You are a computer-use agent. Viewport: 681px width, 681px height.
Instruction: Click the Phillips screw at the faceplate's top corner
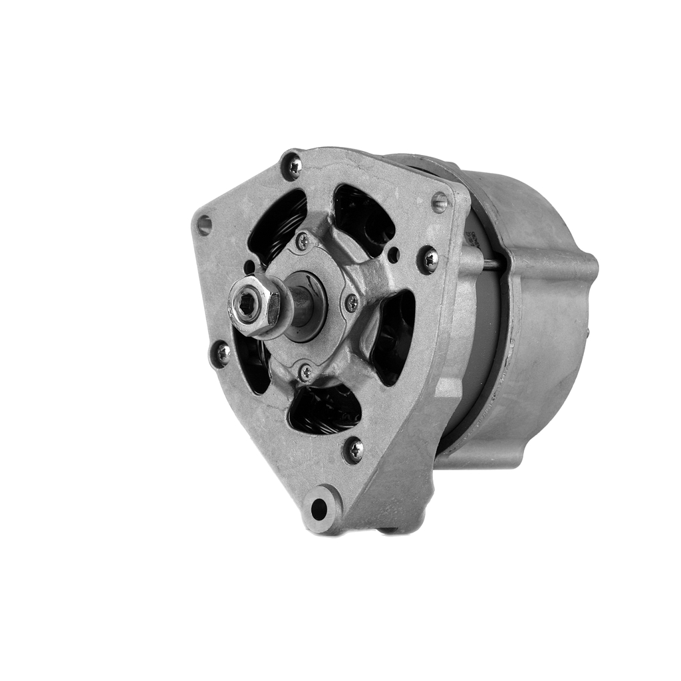click(292, 165)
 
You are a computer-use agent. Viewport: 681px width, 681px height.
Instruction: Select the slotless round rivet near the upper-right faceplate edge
click(440, 202)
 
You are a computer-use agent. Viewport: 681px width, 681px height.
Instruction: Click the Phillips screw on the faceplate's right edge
click(428, 259)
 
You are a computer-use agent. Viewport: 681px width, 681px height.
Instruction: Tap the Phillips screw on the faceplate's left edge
click(221, 353)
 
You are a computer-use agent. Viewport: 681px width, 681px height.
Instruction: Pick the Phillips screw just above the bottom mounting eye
click(354, 450)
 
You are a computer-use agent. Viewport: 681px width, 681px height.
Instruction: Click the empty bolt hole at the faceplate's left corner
click(204, 225)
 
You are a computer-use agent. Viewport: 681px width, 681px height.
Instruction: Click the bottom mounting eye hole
click(319, 509)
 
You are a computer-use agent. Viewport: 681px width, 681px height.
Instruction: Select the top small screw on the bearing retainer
click(303, 241)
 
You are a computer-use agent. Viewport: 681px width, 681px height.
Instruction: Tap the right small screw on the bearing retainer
click(350, 303)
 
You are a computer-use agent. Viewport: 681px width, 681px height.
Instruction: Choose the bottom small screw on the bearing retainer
click(306, 372)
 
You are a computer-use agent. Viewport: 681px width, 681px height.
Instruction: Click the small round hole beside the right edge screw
click(394, 255)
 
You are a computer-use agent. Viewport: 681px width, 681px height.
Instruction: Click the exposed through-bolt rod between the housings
click(491, 264)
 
